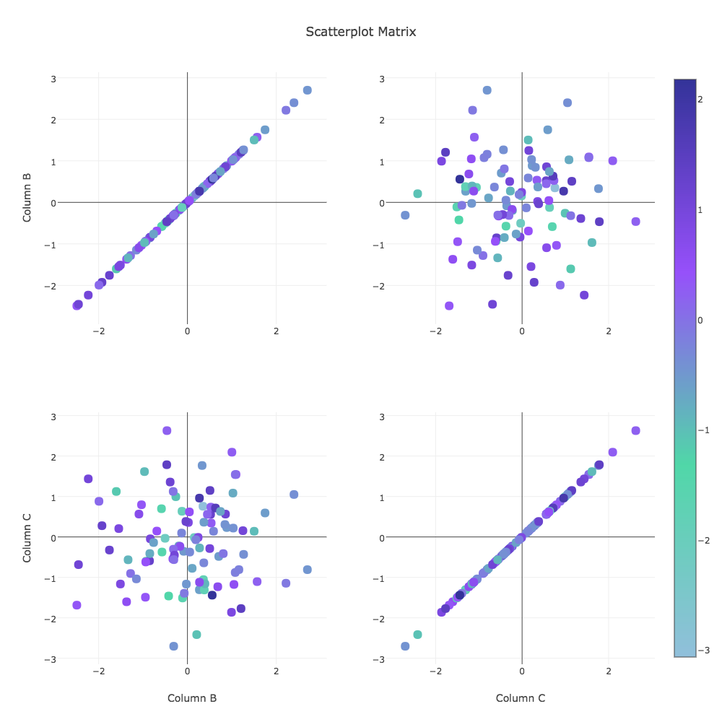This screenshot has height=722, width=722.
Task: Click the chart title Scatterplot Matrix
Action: click(x=360, y=32)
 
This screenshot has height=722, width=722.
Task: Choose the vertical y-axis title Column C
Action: click(x=27, y=536)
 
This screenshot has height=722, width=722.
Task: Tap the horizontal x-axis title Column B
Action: click(x=192, y=698)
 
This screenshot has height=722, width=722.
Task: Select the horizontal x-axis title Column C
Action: click(x=521, y=698)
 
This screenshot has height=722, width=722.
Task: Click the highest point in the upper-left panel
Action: click(x=307, y=90)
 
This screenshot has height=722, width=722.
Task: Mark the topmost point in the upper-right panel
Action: click(x=487, y=90)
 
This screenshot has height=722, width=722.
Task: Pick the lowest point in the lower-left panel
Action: click(x=173, y=646)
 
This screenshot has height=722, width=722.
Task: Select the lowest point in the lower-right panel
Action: click(x=405, y=646)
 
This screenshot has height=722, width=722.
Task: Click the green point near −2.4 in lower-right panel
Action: click(x=417, y=635)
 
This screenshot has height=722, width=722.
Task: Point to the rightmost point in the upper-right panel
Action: click(x=635, y=222)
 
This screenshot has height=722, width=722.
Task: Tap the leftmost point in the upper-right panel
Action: click(x=405, y=215)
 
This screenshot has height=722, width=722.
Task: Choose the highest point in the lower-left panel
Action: click(x=167, y=430)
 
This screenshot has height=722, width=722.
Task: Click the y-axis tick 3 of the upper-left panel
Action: click(x=53, y=78)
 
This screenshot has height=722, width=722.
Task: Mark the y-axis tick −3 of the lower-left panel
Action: click(x=51, y=659)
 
